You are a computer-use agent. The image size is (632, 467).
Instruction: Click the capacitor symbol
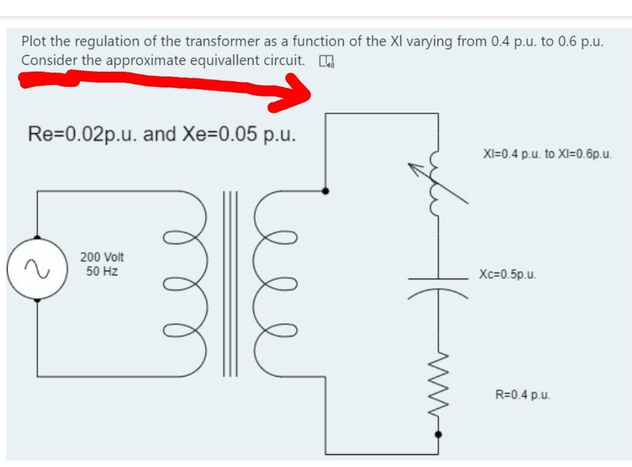pos(438,283)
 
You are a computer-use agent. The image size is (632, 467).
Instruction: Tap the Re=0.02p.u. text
pos(84,134)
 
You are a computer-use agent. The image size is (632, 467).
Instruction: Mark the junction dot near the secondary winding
pos(326,191)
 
